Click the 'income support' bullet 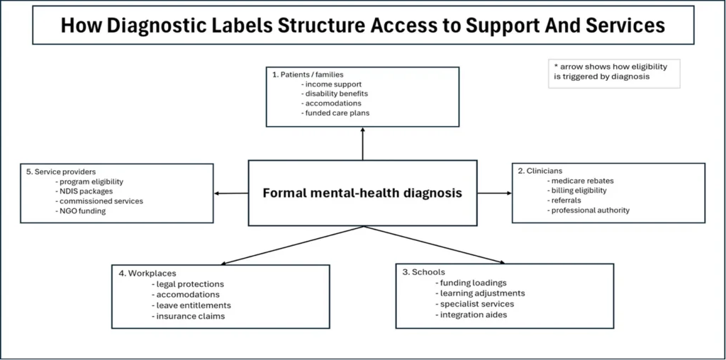pos(331,84)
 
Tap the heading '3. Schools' pos(424,272)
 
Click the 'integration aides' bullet pos(473,315)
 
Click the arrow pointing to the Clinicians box pos(494,193)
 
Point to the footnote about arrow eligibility pos(614,72)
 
